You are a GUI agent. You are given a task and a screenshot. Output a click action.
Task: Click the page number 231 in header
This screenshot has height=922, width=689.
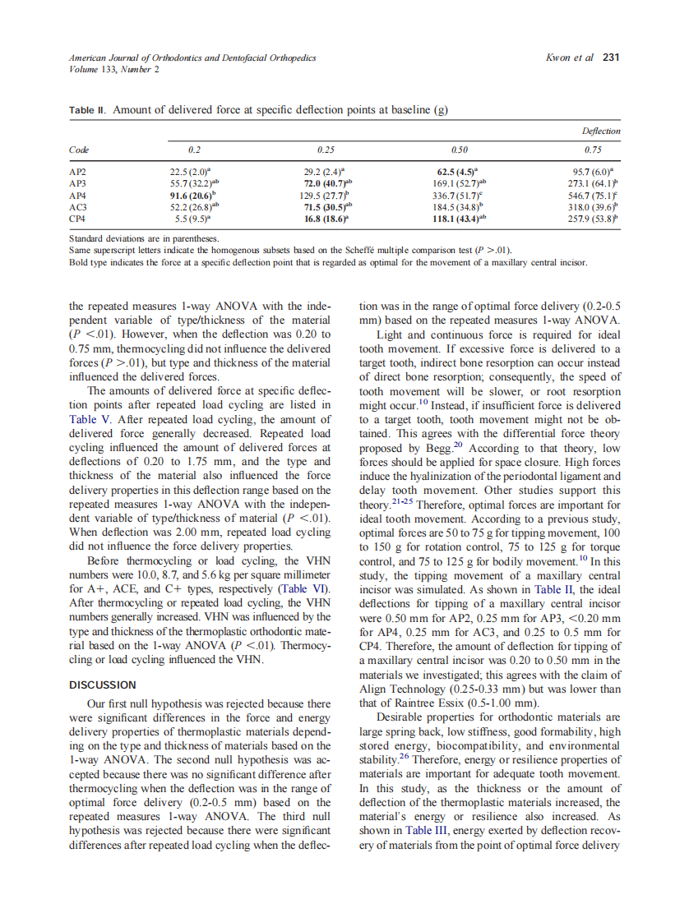(x=610, y=58)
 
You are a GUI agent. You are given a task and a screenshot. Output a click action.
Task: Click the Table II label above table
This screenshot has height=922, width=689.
(x=86, y=110)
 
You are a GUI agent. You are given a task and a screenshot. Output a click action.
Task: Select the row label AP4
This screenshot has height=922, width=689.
(x=76, y=196)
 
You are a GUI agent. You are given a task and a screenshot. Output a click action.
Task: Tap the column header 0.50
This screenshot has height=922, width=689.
(x=460, y=150)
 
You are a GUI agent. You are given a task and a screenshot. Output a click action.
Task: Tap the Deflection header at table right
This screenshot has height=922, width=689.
(x=601, y=131)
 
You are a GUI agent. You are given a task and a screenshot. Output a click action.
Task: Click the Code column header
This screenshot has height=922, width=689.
(x=78, y=150)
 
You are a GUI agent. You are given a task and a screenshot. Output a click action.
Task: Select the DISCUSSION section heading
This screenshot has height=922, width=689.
(x=102, y=685)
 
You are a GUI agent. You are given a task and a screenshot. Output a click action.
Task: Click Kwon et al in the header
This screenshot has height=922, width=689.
(x=569, y=58)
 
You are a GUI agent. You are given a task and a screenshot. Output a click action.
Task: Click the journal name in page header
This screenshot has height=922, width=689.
(x=192, y=58)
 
